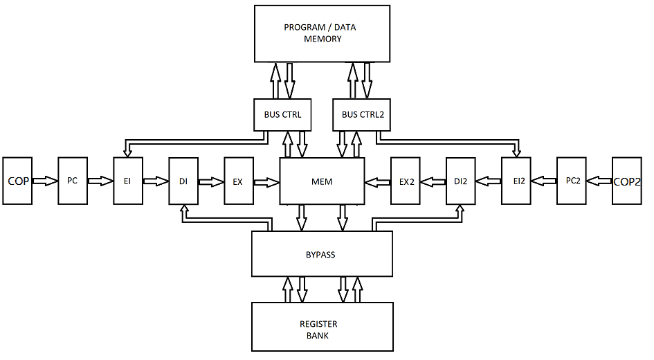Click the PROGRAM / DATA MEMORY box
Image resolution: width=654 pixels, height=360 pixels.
coord(323,33)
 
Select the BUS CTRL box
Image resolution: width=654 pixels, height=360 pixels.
coord(282,114)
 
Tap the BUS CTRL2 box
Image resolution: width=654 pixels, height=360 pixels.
coord(362,114)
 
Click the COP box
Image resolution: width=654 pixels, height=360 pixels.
coord(17,181)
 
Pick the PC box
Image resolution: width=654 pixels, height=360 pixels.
coord(72,181)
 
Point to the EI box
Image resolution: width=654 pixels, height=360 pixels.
coord(127,181)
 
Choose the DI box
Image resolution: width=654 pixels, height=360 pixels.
coord(183,181)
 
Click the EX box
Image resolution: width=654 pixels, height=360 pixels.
coord(238,181)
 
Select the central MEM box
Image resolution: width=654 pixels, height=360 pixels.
coord(322,181)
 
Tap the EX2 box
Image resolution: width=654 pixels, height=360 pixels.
coord(406,181)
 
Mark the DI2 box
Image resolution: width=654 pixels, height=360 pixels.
coord(461,181)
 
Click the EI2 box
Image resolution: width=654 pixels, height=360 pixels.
coord(516,181)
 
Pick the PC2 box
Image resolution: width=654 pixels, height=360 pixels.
coord(572,181)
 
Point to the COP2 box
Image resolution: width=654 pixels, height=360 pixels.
coord(627,181)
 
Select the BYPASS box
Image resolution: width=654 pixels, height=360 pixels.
coord(321,254)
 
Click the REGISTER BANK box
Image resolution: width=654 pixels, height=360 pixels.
coord(321,329)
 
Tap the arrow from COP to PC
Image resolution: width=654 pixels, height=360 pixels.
coord(45,181)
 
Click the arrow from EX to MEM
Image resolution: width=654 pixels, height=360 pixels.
coord(266,182)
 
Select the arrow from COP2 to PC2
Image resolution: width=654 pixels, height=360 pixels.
coord(599,181)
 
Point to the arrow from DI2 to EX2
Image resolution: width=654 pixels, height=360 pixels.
coord(433,182)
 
